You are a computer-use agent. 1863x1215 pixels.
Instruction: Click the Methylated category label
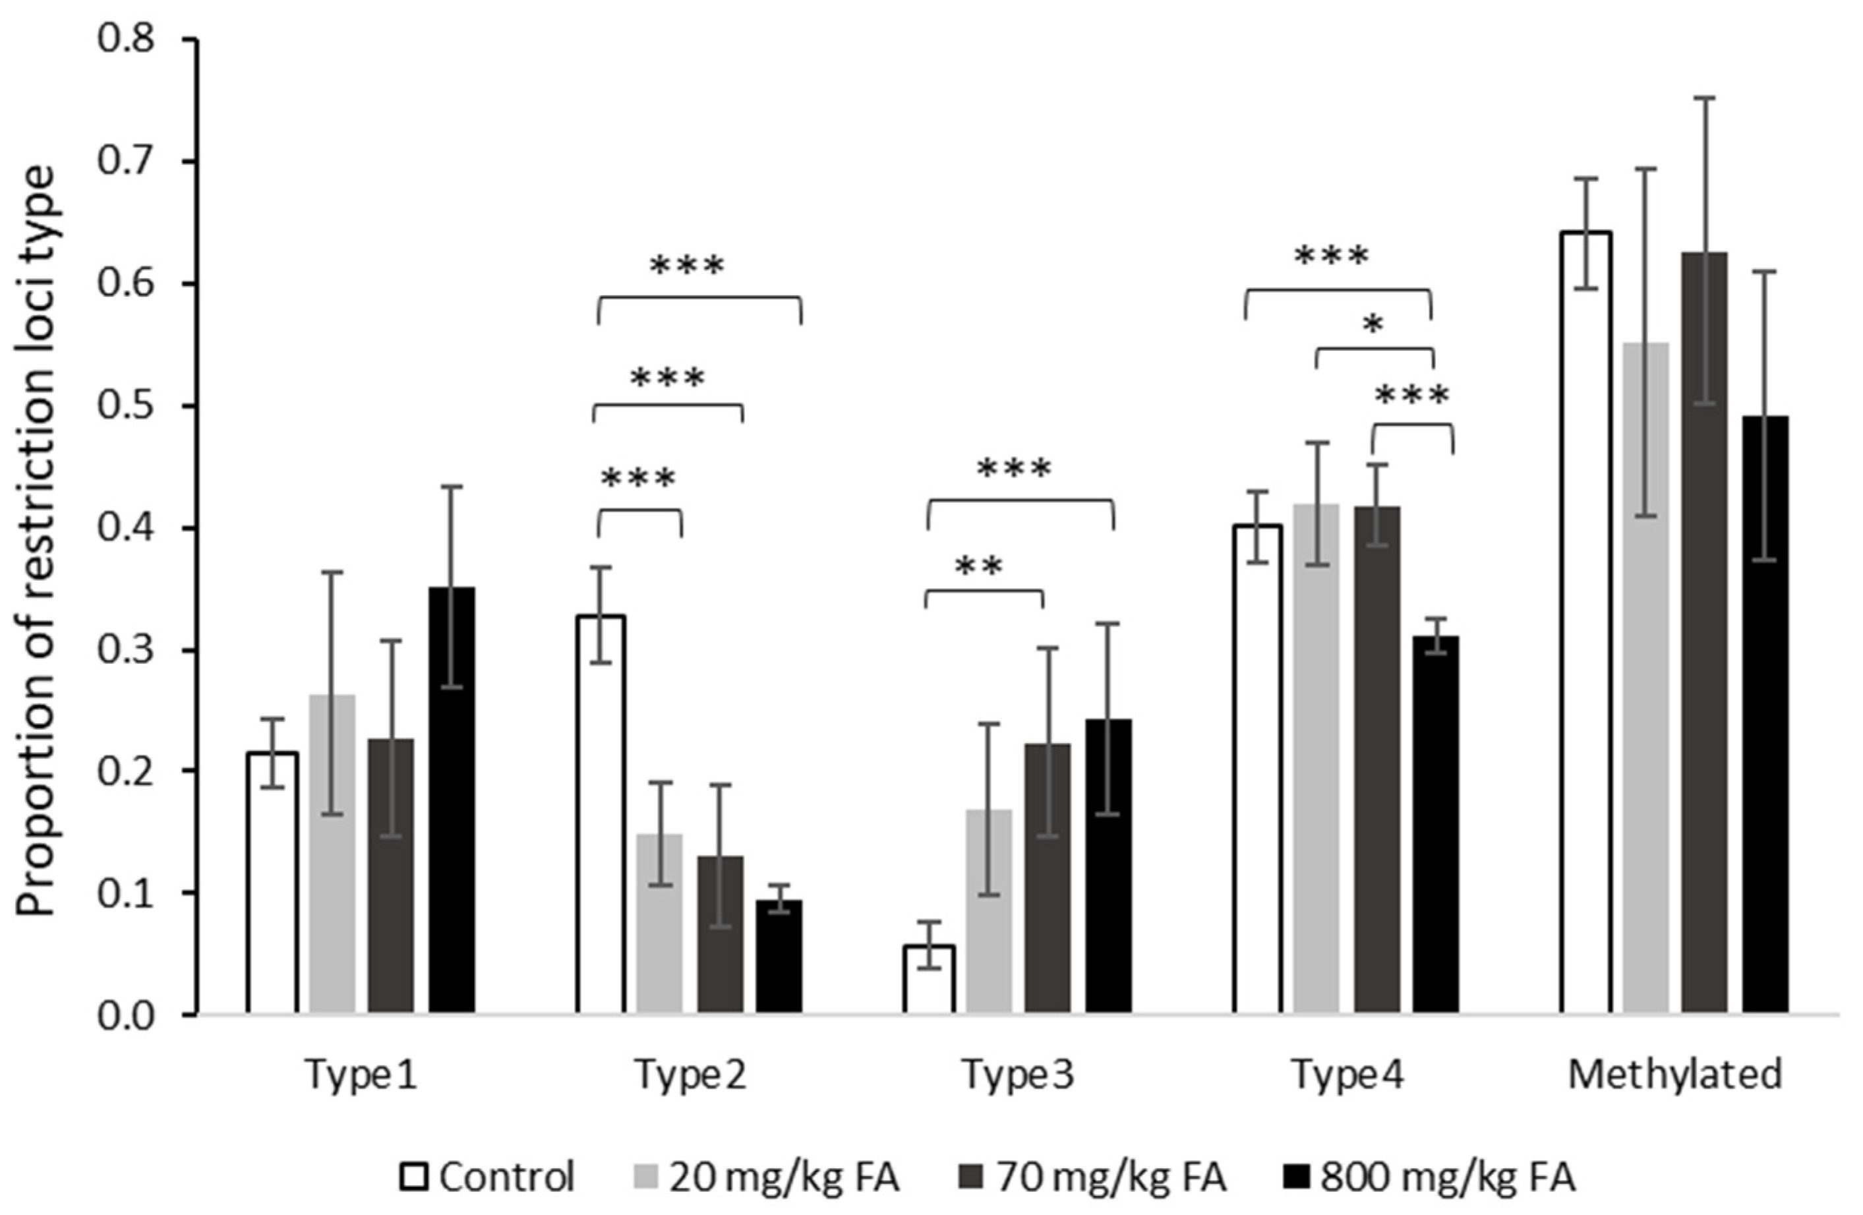pyautogui.click(x=1675, y=1075)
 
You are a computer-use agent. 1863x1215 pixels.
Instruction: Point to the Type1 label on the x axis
pyautogui.click(x=361, y=1075)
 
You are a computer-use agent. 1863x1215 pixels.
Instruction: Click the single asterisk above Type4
pyautogui.click(x=1373, y=325)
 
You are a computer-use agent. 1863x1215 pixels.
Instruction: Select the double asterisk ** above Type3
pyautogui.click(x=978, y=567)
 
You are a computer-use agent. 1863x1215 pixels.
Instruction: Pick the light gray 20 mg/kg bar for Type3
pyautogui.click(x=989, y=912)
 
